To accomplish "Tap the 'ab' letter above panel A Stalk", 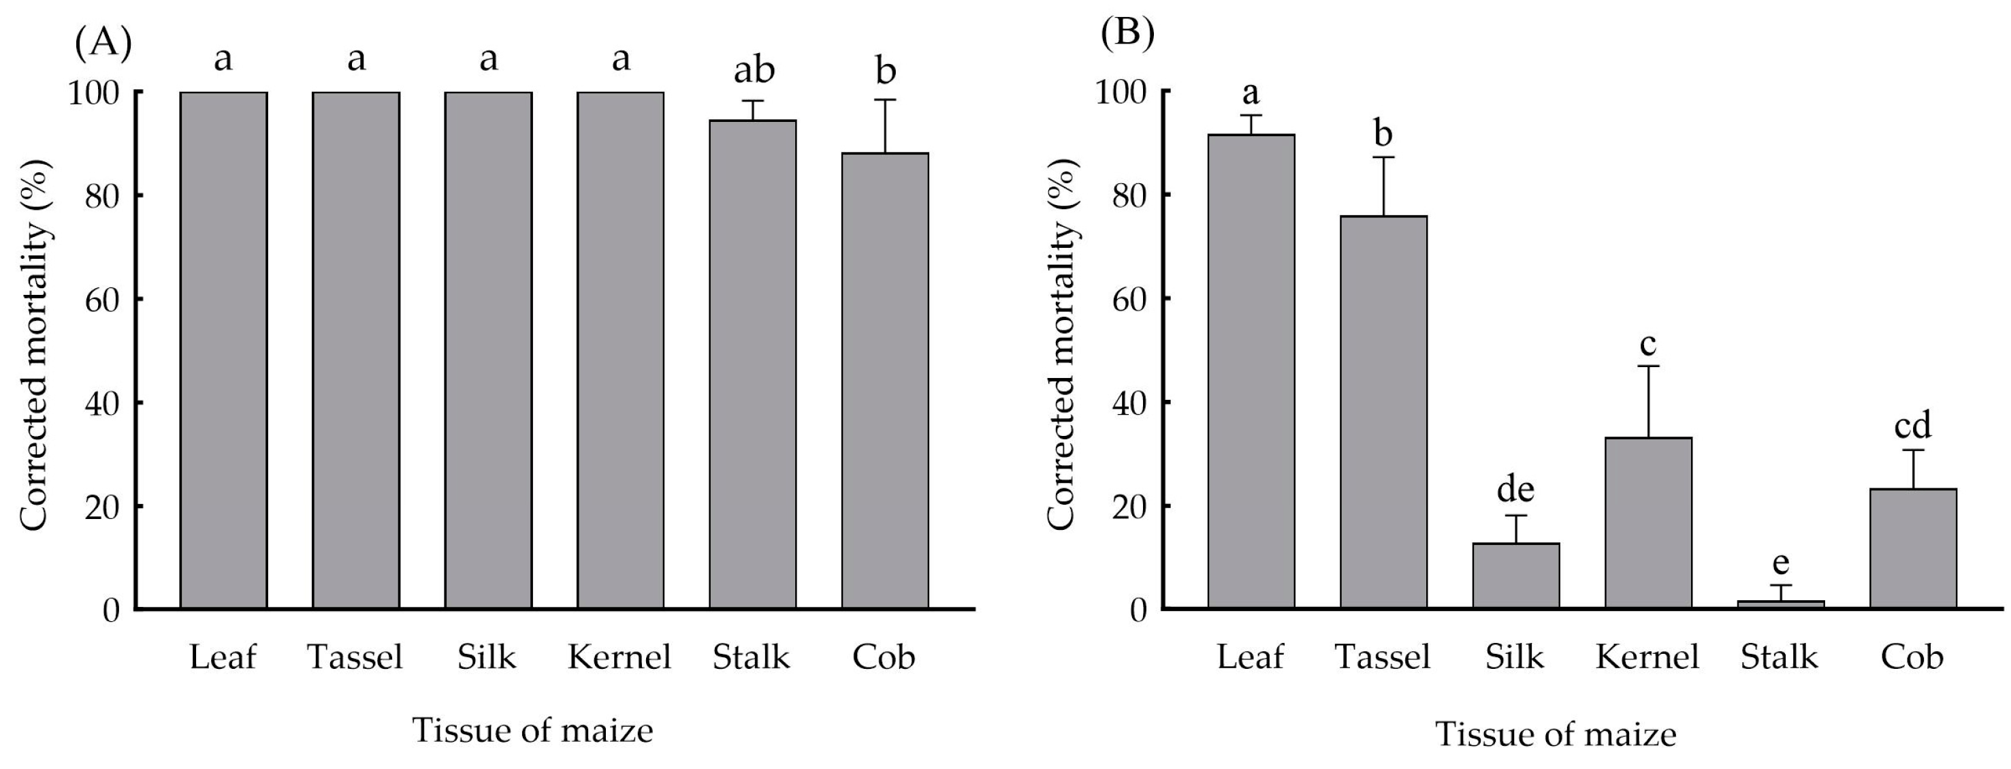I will tap(754, 69).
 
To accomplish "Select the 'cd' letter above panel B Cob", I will tap(1913, 426).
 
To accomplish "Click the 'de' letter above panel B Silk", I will tap(1515, 490).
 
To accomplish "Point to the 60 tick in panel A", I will tap(101, 299).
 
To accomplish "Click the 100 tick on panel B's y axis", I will tap(1121, 92).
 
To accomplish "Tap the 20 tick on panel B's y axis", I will tap(1128, 506).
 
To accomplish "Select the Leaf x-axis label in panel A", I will tap(223, 657).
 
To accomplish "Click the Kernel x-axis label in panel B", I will tap(1647, 657).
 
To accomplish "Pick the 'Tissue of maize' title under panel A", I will tap(532, 731).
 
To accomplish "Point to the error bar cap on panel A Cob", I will tap(884, 100).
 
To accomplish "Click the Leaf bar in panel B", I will tap(1251, 371).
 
